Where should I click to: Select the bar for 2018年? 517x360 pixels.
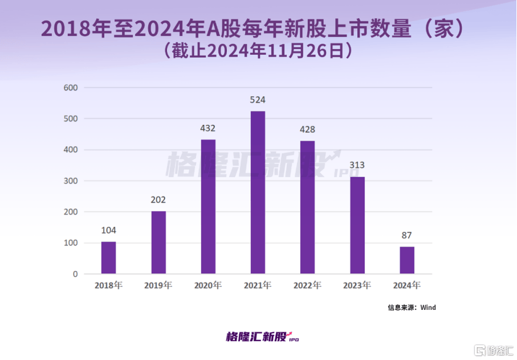[x=108, y=257]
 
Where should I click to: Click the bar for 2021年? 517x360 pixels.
[x=258, y=193]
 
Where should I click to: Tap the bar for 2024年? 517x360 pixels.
[x=406, y=260]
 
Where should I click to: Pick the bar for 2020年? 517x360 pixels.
[x=208, y=206]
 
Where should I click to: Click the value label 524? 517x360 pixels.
[x=258, y=100]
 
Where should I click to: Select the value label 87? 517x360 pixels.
[x=406, y=235]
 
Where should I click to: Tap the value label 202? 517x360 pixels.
[x=158, y=200]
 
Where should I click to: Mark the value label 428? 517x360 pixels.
[x=307, y=129]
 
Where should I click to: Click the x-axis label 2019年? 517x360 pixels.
[x=158, y=285]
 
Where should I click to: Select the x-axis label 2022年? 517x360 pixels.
[x=307, y=285]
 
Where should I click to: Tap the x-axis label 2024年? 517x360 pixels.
[x=406, y=285]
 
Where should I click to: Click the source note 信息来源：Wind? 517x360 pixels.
[x=412, y=308]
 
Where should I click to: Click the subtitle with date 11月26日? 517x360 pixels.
[x=258, y=51]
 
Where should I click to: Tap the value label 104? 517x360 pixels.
[x=108, y=230]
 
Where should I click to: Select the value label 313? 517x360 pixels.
[x=357, y=165]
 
